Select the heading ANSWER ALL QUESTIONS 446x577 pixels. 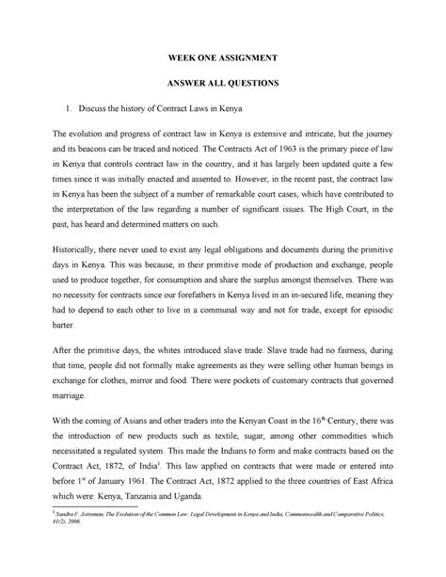click(x=223, y=84)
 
